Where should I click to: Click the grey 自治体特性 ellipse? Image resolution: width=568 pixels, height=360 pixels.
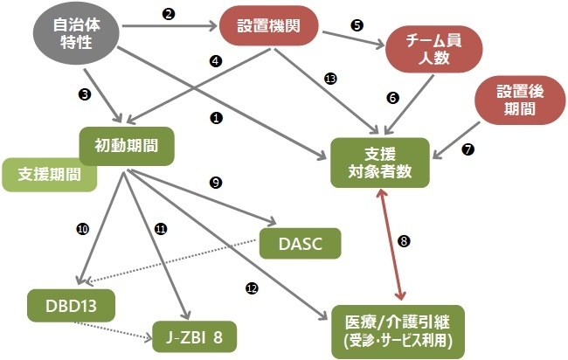pyautogui.click(x=76, y=34)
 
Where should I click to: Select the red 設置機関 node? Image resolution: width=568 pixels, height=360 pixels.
pyautogui.click(x=269, y=25)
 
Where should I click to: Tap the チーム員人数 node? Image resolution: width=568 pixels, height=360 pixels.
pyautogui.click(x=434, y=49)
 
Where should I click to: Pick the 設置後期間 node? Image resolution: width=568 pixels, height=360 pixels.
pyautogui.click(x=520, y=100)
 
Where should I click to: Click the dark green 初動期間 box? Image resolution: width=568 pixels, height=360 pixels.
pyautogui.click(x=127, y=146)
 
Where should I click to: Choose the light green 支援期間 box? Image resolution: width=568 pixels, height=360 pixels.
pyautogui.click(x=49, y=175)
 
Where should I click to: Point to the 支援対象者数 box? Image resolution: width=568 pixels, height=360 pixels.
pyautogui.click(x=380, y=163)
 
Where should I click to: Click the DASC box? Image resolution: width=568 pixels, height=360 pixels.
pyautogui.click(x=301, y=244)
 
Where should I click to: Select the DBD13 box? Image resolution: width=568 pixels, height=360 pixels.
pyautogui.click(x=72, y=306)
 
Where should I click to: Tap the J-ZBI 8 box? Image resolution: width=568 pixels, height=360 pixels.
pyautogui.click(x=195, y=336)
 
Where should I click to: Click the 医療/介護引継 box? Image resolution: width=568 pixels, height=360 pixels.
pyautogui.click(x=398, y=332)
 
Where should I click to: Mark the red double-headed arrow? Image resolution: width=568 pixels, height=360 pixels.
pyautogui.click(x=391, y=245)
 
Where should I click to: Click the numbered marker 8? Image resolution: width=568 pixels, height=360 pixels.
pyautogui.click(x=404, y=241)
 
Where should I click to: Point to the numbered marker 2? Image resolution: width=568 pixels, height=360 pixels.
pyautogui.click(x=169, y=14)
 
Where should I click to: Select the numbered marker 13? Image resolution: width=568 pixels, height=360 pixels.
pyautogui.click(x=330, y=79)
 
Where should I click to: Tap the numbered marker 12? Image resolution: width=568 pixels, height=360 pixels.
pyautogui.click(x=252, y=288)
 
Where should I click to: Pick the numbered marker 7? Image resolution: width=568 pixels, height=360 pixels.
pyautogui.click(x=468, y=149)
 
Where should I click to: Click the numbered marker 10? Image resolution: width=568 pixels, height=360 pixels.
pyautogui.click(x=83, y=229)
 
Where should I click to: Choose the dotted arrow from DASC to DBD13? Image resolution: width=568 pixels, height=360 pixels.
pyautogui.click(x=171, y=260)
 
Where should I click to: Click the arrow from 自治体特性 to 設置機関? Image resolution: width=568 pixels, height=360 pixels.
pyautogui.click(x=170, y=26)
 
